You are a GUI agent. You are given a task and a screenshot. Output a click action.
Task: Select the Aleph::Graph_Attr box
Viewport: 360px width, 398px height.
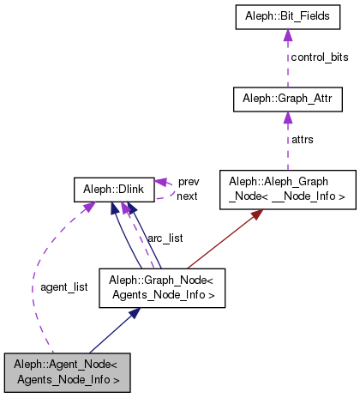click(x=288, y=99)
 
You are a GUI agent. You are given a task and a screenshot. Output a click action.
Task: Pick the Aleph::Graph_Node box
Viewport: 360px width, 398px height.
click(x=163, y=289)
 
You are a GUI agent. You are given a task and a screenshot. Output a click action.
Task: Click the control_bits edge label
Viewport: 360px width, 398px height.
click(x=319, y=57)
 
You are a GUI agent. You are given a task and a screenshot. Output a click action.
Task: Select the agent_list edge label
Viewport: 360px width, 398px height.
click(x=63, y=286)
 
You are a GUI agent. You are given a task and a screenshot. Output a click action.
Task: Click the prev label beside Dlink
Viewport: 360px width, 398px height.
click(x=189, y=182)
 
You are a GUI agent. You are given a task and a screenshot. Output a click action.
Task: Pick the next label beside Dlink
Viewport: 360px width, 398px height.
click(x=188, y=196)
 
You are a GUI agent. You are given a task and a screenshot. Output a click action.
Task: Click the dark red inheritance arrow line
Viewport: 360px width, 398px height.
click(x=223, y=243)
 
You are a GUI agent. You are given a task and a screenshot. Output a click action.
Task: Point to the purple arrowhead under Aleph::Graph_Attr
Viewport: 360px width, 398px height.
click(x=288, y=118)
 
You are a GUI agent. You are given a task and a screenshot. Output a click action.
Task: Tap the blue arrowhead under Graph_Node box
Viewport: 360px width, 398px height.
click(x=133, y=315)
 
